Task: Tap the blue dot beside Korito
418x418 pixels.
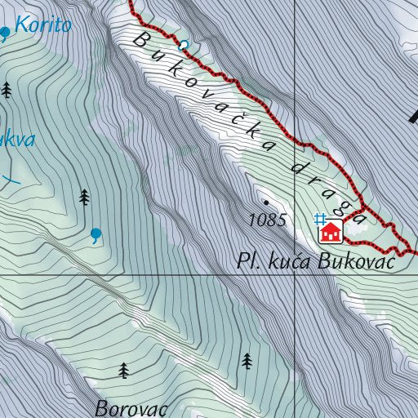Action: [x=5, y=32]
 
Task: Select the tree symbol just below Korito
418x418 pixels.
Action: [x=7, y=90]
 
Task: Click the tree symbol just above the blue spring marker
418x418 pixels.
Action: [x=84, y=197]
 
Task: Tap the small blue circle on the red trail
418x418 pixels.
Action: [x=183, y=44]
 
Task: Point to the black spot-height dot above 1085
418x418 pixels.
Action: [x=265, y=201]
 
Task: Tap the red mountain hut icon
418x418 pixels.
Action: [x=331, y=233]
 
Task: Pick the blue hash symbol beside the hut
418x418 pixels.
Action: [x=321, y=218]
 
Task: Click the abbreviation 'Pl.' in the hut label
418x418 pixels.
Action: [x=247, y=262]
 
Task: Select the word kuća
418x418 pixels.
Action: [x=287, y=262]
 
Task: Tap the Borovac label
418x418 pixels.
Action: [x=131, y=407]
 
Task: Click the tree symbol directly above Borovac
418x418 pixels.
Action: [x=124, y=371]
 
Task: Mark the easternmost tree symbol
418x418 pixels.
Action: [x=247, y=361]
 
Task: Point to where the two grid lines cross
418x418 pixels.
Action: [x=295, y=275]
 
